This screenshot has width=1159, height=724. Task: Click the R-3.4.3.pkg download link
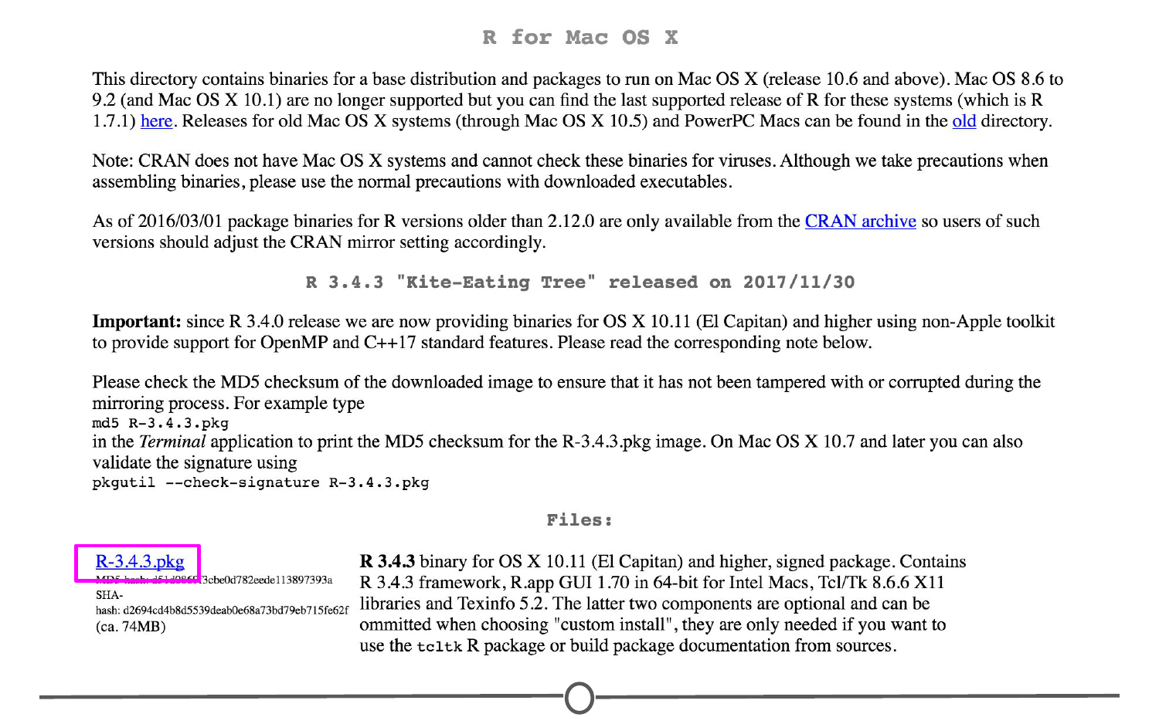point(140,562)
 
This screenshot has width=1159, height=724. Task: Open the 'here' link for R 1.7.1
point(156,121)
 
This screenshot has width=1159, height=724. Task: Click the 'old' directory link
point(964,121)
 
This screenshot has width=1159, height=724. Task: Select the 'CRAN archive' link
point(860,222)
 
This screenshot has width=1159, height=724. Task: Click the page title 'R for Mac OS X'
point(579,38)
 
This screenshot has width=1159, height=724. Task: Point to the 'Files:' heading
point(579,520)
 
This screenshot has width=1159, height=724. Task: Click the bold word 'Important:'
point(137,322)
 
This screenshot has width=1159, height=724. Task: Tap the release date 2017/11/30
point(799,282)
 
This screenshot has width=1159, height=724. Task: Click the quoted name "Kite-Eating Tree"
point(496,282)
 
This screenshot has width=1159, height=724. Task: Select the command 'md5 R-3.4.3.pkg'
point(161,423)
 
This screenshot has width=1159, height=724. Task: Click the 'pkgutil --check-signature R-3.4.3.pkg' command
point(260,482)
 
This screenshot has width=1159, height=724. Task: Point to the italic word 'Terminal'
point(172,442)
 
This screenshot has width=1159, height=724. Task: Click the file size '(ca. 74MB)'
point(131,626)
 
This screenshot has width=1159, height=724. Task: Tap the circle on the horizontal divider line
point(579,698)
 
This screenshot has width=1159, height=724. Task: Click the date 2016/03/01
point(180,222)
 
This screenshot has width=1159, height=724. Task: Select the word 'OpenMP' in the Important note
point(294,343)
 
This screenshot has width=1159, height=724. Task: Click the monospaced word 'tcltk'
point(439,647)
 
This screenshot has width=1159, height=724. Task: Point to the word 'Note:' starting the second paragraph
point(113,161)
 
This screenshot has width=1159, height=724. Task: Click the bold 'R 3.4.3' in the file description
point(387,562)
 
